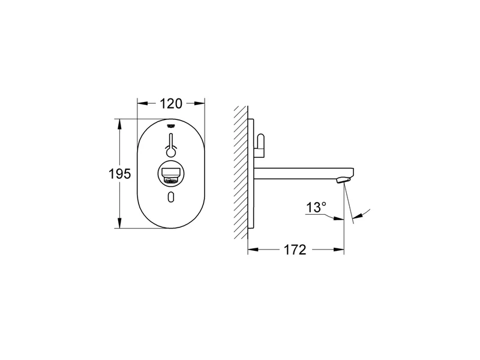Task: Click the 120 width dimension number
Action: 171,103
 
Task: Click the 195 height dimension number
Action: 119,174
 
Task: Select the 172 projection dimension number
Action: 295,250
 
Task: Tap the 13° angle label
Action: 316,207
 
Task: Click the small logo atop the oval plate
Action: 171,125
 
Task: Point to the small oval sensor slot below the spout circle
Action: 171,197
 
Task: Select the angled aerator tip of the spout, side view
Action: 343,179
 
